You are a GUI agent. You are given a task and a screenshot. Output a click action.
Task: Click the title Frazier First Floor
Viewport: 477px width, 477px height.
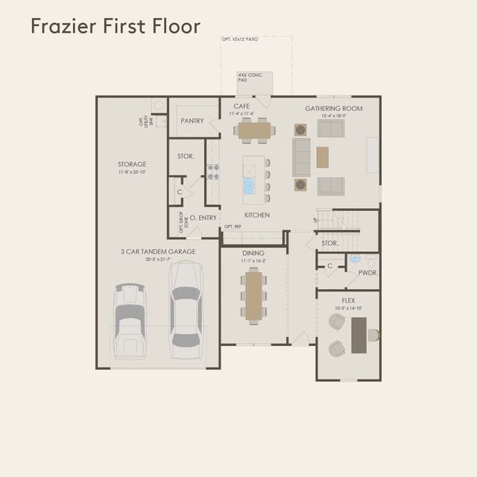pos(116,27)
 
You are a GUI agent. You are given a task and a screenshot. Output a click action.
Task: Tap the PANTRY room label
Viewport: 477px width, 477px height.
pos(192,121)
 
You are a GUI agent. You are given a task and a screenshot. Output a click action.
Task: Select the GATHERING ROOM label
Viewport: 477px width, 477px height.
pos(333,108)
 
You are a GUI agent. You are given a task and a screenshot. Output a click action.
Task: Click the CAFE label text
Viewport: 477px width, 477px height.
pos(241,107)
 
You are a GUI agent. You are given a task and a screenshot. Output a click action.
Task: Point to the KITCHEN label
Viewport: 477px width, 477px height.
pos(256,215)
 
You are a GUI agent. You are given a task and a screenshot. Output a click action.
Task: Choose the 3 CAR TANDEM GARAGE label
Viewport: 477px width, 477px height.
pos(158,252)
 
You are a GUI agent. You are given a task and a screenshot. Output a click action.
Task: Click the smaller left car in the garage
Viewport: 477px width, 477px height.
pos(130,320)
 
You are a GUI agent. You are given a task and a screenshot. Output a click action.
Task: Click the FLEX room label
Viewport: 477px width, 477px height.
pos(348,300)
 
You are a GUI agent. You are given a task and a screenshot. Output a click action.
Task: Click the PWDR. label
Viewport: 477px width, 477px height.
pos(368,273)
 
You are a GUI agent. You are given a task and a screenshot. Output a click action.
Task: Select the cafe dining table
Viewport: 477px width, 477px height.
pos(254,130)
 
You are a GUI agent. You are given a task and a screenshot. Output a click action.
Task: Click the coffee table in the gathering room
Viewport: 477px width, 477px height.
pos(322,157)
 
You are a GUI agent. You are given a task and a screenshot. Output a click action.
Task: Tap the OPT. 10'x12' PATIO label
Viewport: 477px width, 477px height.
pos(241,38)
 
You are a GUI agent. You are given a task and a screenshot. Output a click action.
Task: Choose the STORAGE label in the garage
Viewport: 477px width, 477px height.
pos(132,165)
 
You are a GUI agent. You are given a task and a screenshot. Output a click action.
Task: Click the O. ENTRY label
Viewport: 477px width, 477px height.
pos(203,218)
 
